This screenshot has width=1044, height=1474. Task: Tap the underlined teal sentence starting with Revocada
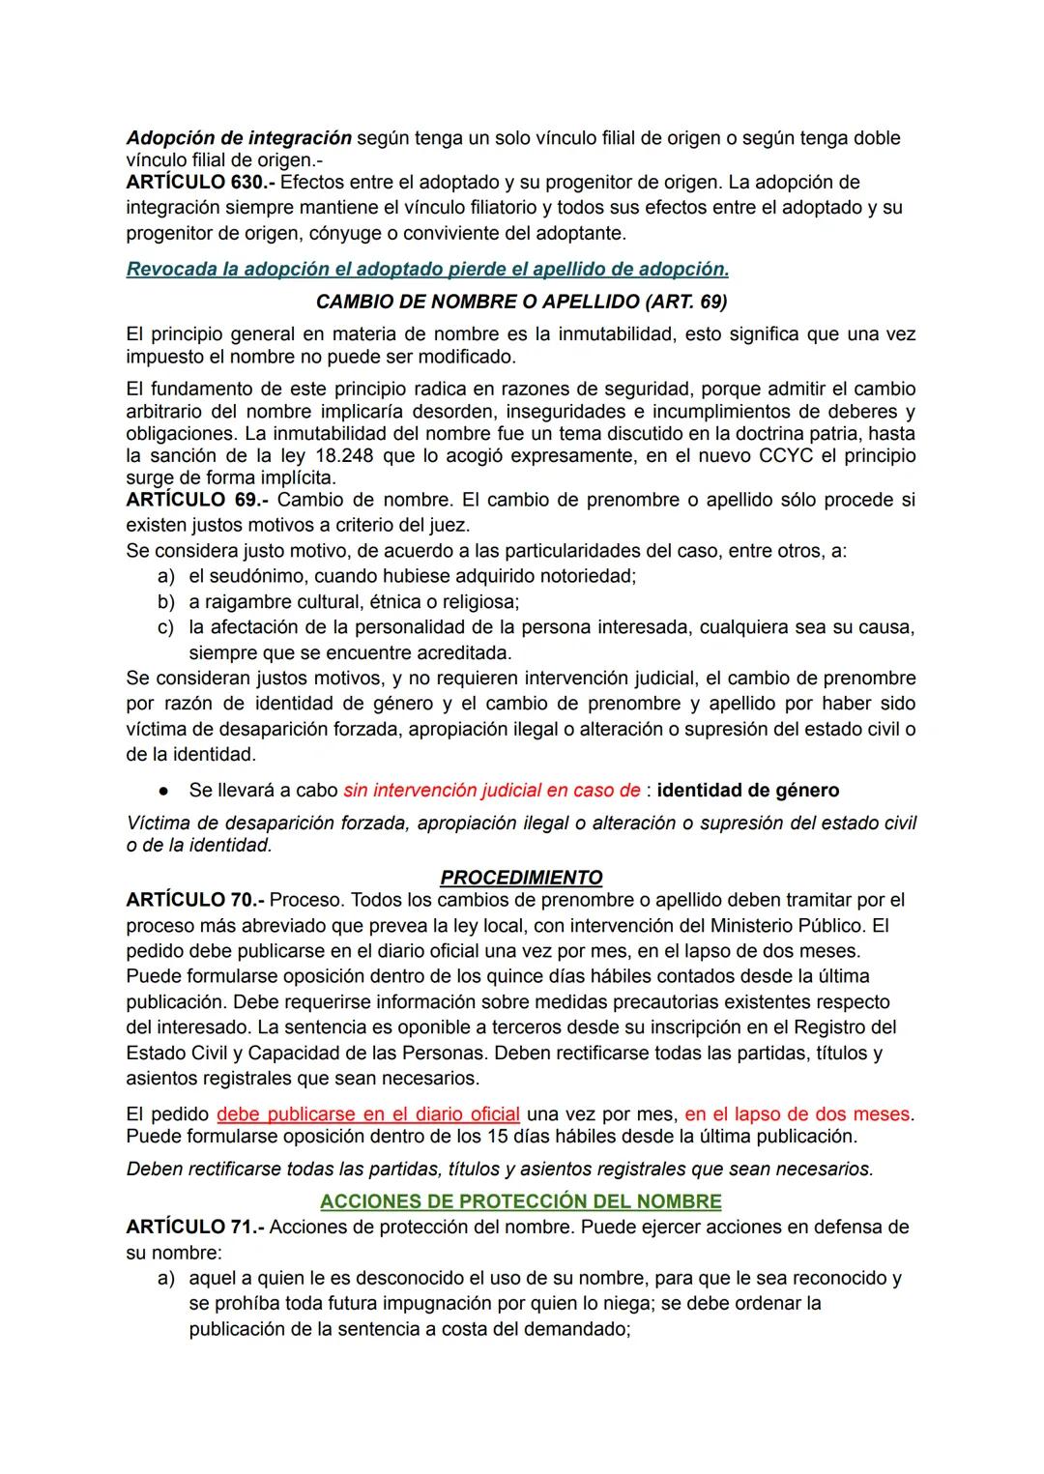click(x=427, y=270)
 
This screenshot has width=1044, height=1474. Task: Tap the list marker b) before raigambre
click(x=165, y=602)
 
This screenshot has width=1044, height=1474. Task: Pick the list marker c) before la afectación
click(x=165, y=627)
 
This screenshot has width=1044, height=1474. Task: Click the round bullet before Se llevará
click(x=165, y=791)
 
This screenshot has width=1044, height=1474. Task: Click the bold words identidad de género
click(x=747, y=791)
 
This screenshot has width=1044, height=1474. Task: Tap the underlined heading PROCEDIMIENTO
click(x=521, y=878)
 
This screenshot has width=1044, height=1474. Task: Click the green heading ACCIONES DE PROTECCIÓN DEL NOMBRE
click(x=521, y=1201)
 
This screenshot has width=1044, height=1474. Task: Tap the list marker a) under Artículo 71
click(x=165, y=1279)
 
